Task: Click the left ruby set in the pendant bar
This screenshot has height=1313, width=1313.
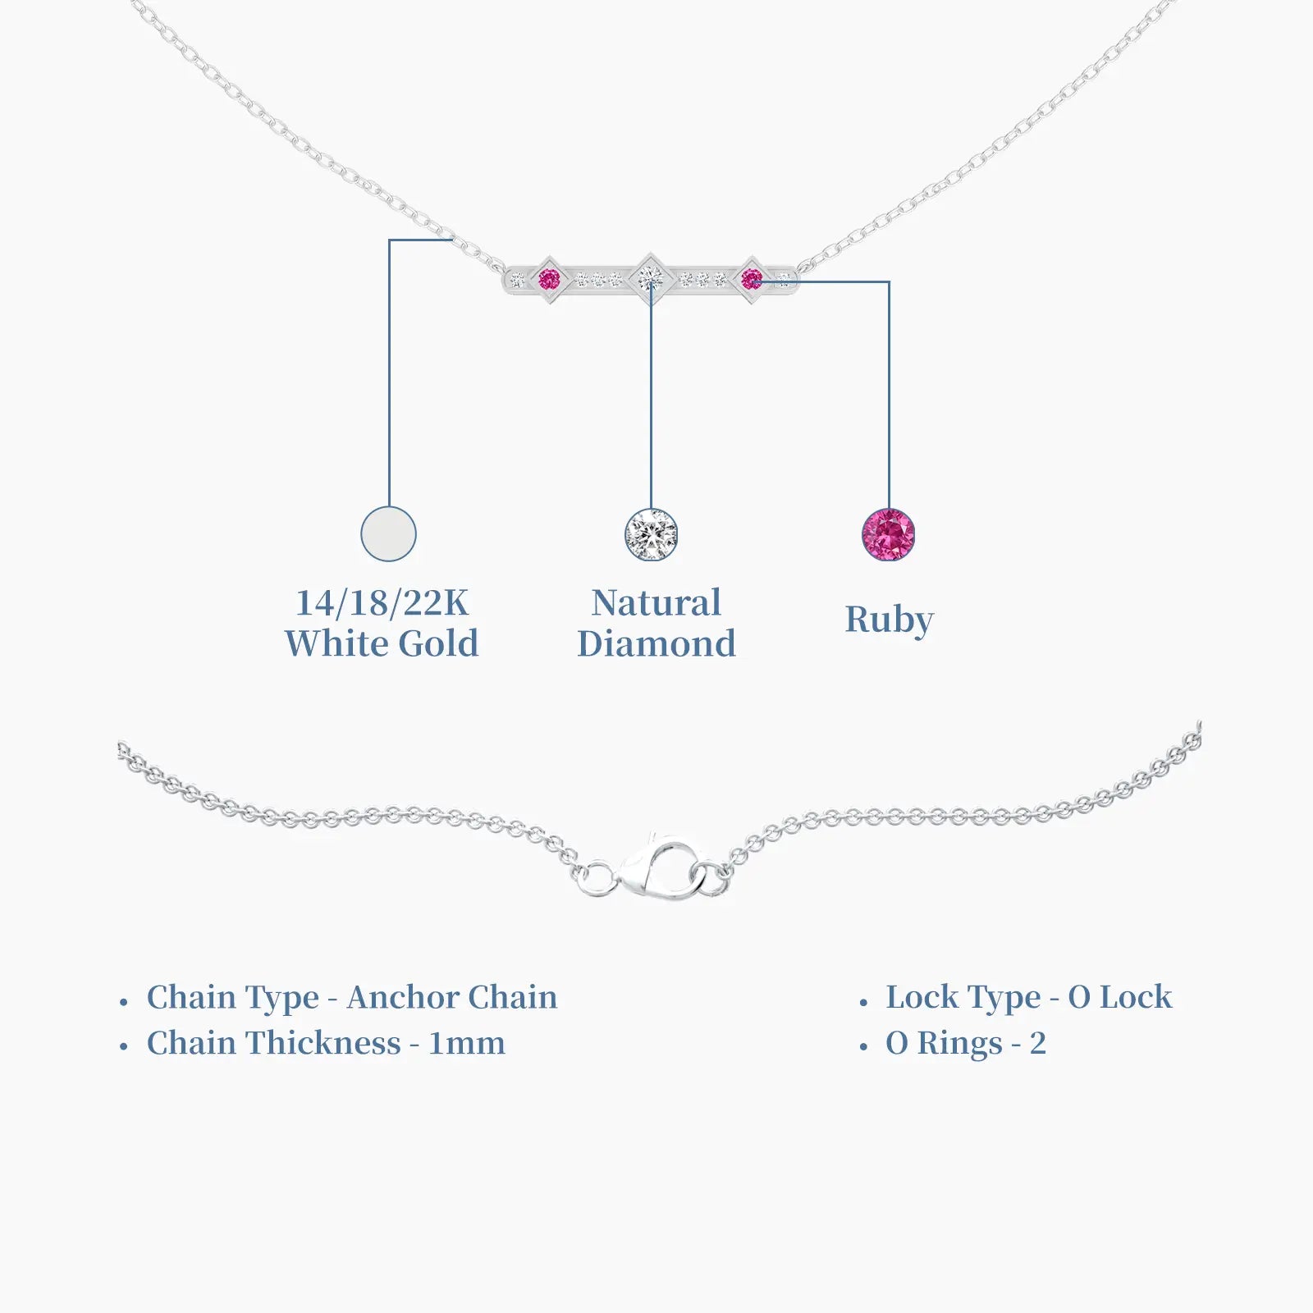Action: click(549, 280)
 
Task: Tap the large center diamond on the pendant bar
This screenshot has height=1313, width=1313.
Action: click(650, 279)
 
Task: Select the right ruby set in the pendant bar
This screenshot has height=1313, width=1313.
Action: click(752, 280)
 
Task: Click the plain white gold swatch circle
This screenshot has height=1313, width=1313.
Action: click(389, 534)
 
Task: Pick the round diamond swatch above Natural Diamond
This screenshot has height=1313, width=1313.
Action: click(652, 535)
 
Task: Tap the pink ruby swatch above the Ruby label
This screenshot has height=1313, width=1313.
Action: click(889, 535)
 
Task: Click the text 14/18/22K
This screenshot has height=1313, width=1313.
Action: click(382, 603)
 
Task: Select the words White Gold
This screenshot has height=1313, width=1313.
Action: click(382, 643)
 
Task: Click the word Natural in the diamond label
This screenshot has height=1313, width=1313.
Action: click(656, 603)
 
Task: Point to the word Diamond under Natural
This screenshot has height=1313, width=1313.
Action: click(656, 643)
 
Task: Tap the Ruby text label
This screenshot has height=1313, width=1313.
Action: click(890, 620)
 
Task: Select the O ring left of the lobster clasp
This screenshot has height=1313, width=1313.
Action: click(597, 880)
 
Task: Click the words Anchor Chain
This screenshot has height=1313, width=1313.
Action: click(452, 997)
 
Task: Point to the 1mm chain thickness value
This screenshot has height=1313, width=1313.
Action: click(467, 1044)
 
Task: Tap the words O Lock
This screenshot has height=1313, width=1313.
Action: click(1120, 997)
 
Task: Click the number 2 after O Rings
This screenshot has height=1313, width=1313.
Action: click(1038, 1044)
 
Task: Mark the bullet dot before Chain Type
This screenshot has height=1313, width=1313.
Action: click(124, 1002)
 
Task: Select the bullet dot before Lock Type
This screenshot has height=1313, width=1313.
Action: click(863, 1002)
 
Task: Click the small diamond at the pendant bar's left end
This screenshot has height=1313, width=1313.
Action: click(517, 281)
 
